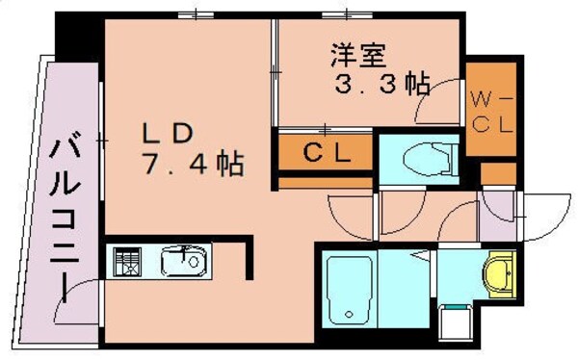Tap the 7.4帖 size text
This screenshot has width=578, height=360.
click(193, 164)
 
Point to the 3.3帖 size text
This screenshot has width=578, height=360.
click(381, 84)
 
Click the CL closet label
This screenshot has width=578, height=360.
click(327, 151)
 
